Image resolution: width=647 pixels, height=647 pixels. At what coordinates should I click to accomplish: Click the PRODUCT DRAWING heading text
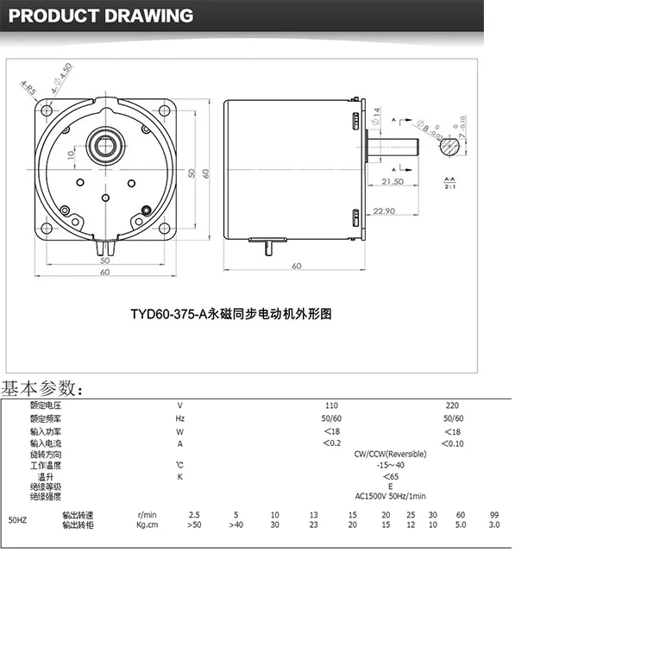(x=100, y=16)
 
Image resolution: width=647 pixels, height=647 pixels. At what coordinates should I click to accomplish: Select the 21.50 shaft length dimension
(x=393, y=181)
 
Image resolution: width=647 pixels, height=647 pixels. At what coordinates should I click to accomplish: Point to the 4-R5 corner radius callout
(x=29, y=89)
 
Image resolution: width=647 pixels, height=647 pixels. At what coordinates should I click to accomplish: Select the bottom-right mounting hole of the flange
(x=164, y=228)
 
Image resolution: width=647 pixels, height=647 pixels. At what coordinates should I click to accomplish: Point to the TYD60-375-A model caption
(x=231, y=315)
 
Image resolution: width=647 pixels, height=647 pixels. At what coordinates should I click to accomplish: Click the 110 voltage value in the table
(x=331, y=405)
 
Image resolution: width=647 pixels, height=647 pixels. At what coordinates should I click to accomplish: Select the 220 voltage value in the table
(x=452, y=405)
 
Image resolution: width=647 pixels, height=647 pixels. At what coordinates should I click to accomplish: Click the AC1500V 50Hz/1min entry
(x=390, y=496)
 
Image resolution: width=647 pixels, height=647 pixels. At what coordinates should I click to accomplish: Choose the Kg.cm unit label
(x=148, y=525)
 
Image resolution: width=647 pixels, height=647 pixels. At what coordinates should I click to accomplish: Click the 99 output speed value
(x=494, y=515)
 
